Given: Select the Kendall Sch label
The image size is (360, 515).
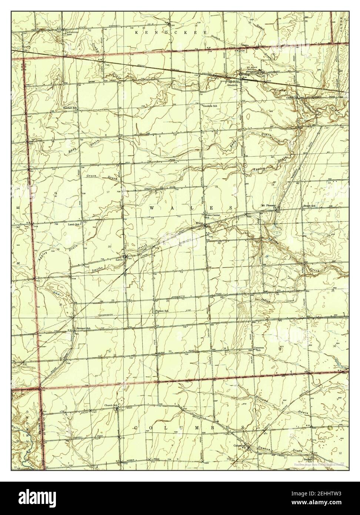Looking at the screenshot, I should pos(70,108).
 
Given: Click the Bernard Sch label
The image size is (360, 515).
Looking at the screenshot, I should pos(83,329).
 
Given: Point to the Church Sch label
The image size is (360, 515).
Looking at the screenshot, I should pos(110,405).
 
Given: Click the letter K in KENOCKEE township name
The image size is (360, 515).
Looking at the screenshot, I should pos(137,33).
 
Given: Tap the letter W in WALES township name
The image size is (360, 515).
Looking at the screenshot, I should pos(152,209).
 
